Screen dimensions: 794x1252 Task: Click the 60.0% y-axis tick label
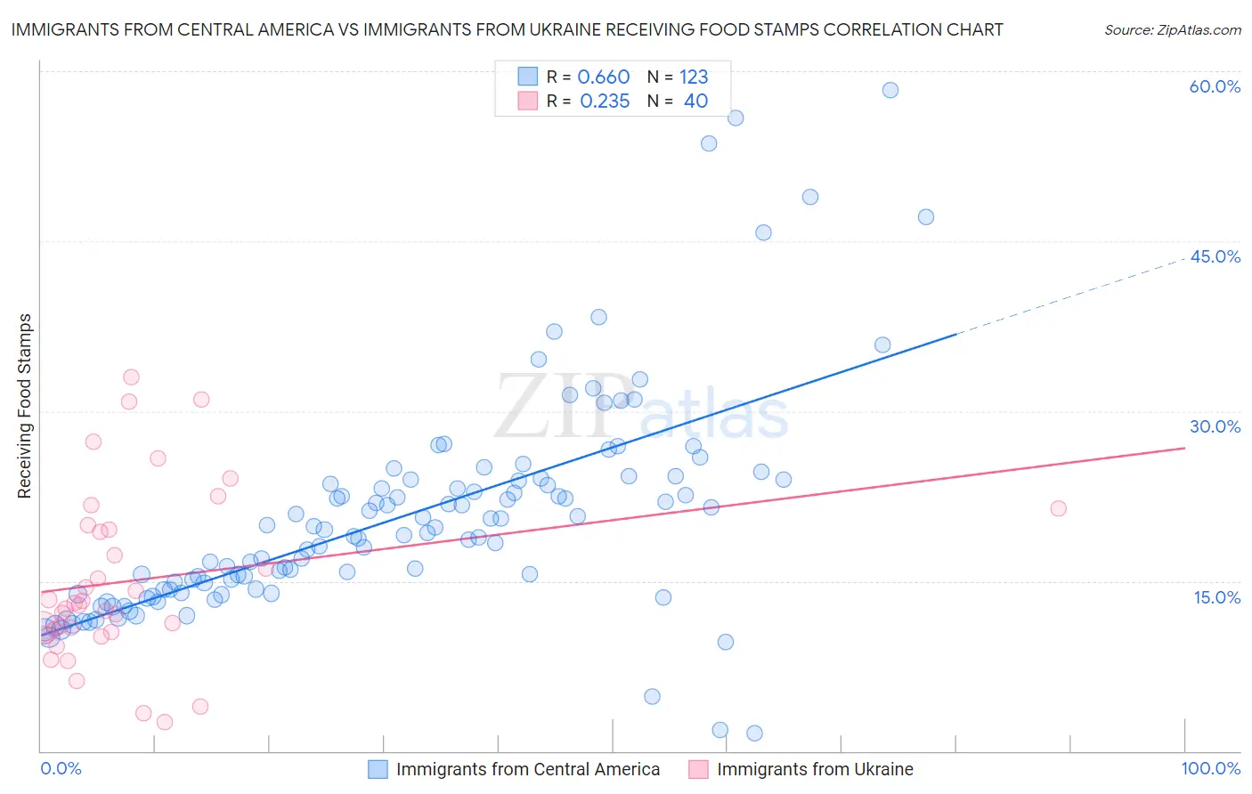[x=1215, y=86]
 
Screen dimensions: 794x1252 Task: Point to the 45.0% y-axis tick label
[x=1215, y=256]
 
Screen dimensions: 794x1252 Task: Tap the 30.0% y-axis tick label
[x=1215, y=426]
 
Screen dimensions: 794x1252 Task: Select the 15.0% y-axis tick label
[x=1216, y=597]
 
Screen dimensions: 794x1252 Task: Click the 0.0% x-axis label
[x=61, y=768]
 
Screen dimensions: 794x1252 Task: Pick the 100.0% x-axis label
[x=1210, y=768]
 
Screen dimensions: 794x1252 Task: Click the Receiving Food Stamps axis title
[x=25, y=406]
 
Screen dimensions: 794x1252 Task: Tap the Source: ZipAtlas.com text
[x=1172, y=30]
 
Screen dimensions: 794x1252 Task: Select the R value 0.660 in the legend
[x=603, y=77]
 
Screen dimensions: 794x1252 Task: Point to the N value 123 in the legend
[x=694, y=77]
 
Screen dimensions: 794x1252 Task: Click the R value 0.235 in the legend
[x=605, y=101]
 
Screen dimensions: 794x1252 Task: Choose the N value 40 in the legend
[x=695, y=101]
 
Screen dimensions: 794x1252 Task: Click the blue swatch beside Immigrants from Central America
[x=378, y=769]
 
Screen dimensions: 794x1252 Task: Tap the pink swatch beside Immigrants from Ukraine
[x=698, y=769]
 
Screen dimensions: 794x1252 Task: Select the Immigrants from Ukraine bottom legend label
[x=815, y=769]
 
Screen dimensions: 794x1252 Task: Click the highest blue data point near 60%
[x=890, y=90]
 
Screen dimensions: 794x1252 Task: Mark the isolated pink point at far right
[x=1058, y=508]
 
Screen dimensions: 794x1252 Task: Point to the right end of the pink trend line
[x=1183, y=448]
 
